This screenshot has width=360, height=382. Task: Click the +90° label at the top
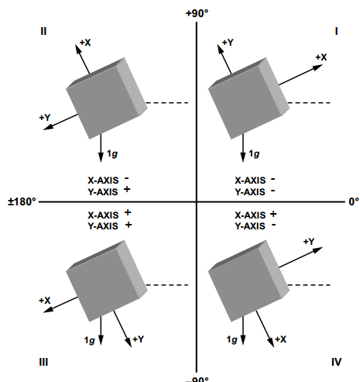197,13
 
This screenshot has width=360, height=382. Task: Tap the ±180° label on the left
22,201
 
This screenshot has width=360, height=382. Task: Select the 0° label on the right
354,201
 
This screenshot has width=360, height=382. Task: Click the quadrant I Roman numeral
336,31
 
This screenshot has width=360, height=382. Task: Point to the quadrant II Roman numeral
43,31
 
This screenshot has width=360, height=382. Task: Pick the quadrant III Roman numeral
43,362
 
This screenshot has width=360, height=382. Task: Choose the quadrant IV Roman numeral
337,362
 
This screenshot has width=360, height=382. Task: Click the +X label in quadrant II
85,43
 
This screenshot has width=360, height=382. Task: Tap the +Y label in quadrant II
45,118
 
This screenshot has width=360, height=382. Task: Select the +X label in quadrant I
321,57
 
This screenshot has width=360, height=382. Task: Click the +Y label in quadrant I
228,43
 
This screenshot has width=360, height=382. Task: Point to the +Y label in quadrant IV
309,242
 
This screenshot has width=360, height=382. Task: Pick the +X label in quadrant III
45,301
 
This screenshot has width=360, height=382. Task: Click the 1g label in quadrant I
254,154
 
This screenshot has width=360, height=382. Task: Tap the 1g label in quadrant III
90,340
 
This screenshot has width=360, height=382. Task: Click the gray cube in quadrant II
107,98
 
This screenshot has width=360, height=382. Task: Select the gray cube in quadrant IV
249,280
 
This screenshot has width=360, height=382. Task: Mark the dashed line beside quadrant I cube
309,103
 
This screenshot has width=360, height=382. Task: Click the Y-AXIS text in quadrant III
103,226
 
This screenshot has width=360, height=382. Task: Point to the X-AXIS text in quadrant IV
250,215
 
